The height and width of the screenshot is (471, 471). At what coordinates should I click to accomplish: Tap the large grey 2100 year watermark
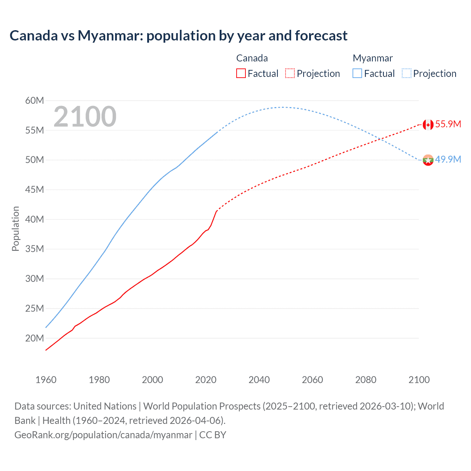(85, 117)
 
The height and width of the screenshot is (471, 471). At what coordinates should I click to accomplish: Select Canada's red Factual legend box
(241, 73)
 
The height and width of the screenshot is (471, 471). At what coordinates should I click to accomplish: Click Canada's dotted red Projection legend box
(290, 73)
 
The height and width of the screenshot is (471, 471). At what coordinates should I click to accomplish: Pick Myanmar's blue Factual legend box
(357, 73)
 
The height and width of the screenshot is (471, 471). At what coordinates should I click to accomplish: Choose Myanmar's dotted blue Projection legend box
(406, 73)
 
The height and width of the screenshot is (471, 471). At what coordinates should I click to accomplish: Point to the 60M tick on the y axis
(35, 100)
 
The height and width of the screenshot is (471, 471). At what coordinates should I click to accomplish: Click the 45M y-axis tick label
(35, 190)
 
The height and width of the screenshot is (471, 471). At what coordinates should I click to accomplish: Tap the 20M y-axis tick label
(35, 338)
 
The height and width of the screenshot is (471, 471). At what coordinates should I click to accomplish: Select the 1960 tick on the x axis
(46, 380)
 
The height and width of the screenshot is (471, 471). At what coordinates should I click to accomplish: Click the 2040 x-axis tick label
(259, 380)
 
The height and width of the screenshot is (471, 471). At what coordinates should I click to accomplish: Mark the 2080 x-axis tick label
(366, 380)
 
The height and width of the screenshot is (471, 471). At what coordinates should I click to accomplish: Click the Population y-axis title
(15, 229)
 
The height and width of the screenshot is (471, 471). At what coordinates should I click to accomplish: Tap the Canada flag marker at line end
(428, 125)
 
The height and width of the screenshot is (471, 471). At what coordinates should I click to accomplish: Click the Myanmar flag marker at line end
(428, 160)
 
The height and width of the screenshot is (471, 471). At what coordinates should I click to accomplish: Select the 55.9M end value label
(448, 124)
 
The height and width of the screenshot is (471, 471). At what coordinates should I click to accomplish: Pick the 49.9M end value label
(448, 159)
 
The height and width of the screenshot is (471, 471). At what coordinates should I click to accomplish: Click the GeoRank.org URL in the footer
(103, 435)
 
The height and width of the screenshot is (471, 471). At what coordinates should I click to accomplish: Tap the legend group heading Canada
(252, 58)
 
